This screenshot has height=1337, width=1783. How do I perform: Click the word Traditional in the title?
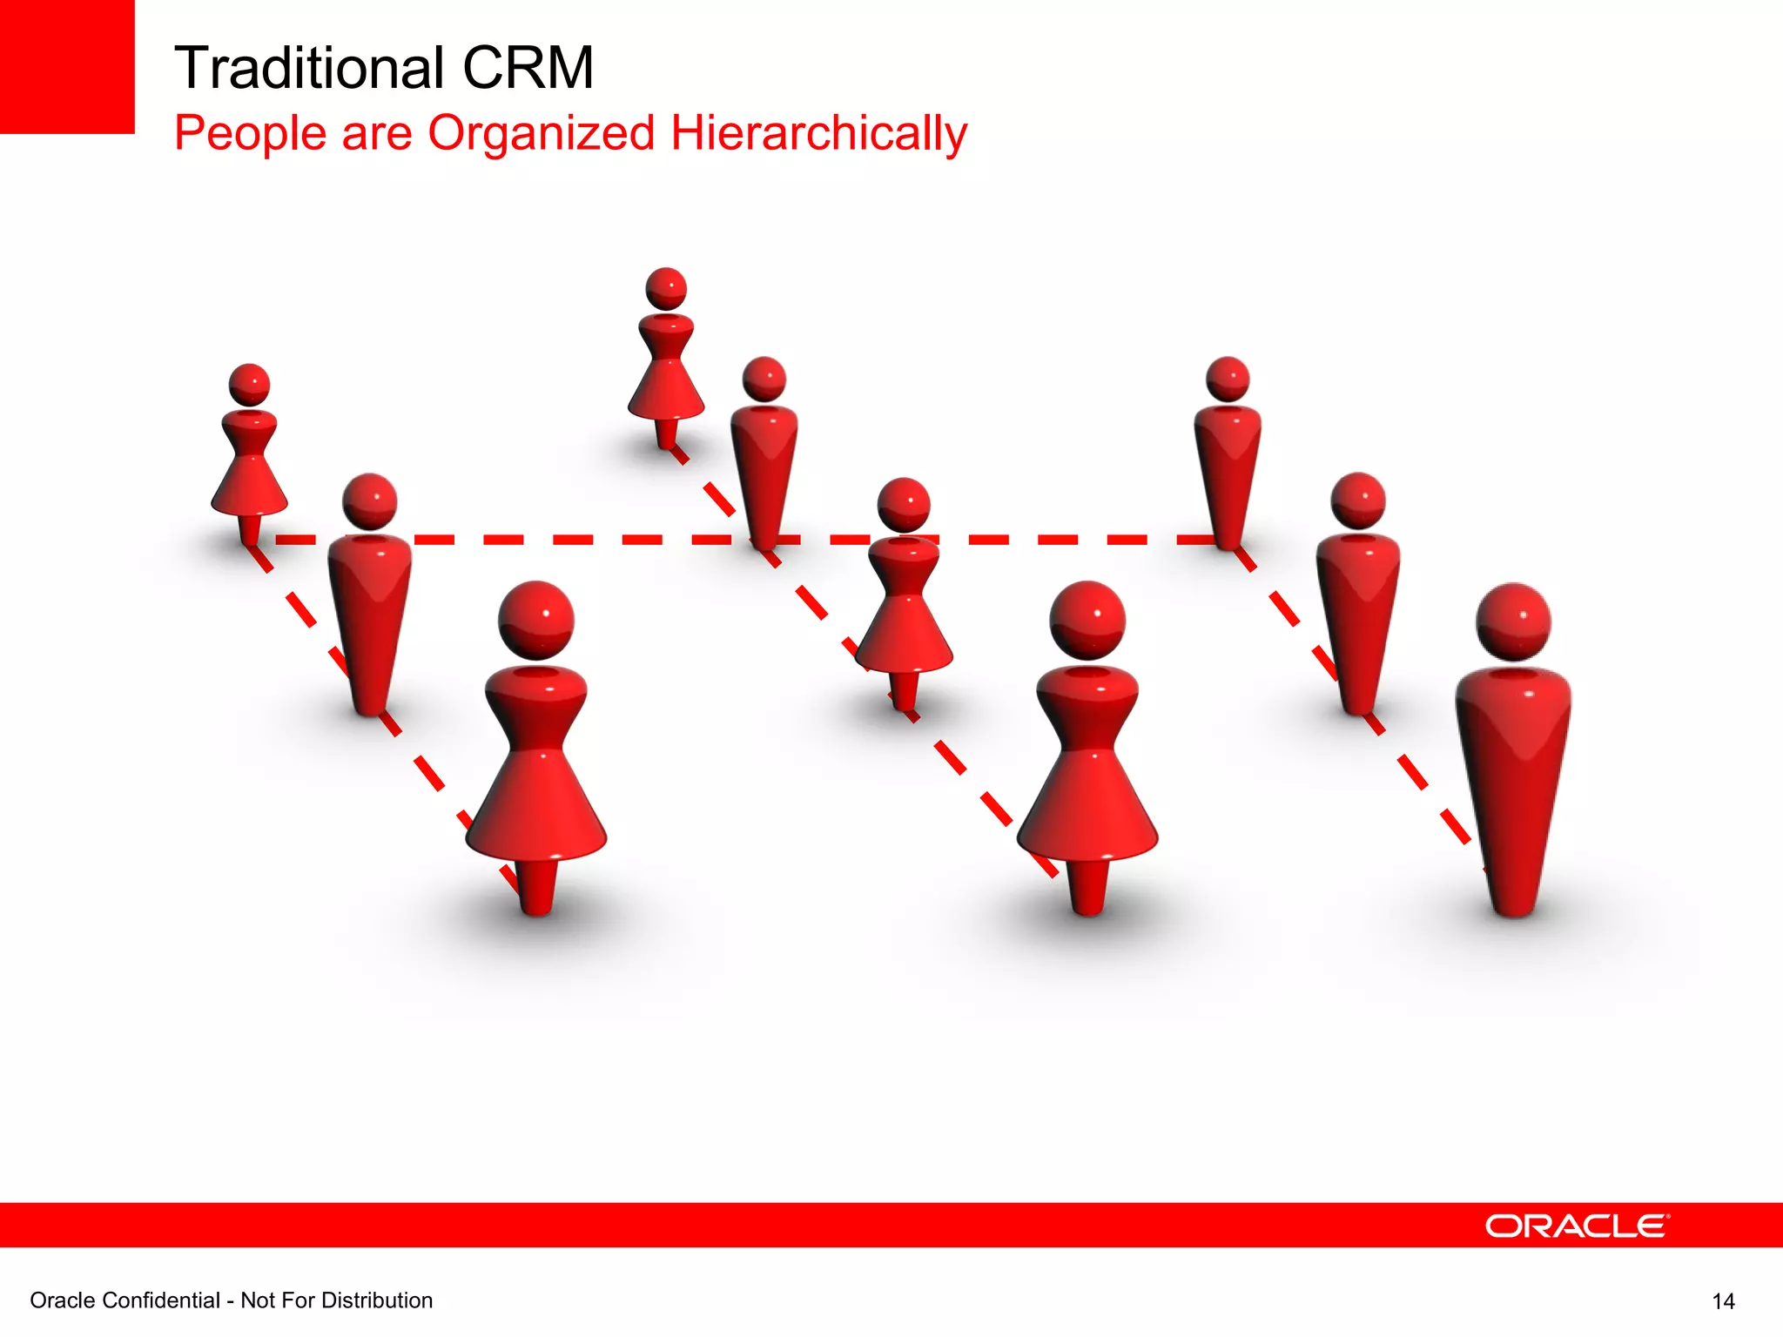pyautogui.click(x=309, y=68)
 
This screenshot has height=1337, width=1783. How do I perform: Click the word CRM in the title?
pyautogui.click(x=528, y=68)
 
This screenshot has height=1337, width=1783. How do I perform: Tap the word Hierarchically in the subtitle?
pyautogui.click(x=818, y=133)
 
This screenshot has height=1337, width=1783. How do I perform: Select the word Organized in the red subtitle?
pyautogui.click(x=541, y=133)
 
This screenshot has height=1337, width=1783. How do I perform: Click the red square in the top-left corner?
pyautogui.click(x=66, y=66)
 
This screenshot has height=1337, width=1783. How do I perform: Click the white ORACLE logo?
pyautogui.click(x=1577, y=1226)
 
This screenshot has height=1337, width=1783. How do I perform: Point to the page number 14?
pyautogui.click(x=1723, y=1301)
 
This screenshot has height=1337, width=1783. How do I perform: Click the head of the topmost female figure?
pyautogui.click(x=666, y=289)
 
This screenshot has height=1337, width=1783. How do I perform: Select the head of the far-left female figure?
pyautogui.click(x=249, y=385)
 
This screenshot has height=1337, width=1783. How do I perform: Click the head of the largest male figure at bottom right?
pyautogui.click(x=1514, y=621)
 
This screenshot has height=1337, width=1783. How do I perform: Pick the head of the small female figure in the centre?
pyautogui.click(x=904, y=505)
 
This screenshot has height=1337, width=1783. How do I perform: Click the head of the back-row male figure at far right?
pyautogui.click(x=1228, y=380)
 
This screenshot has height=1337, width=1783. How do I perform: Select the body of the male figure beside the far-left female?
pyautogui.click(x=370, y=609)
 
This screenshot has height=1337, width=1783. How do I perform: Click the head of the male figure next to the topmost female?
pyautogui.click(x=764, y=380)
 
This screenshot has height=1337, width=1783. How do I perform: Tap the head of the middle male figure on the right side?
pyautogui.click(x=1358, y=501)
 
